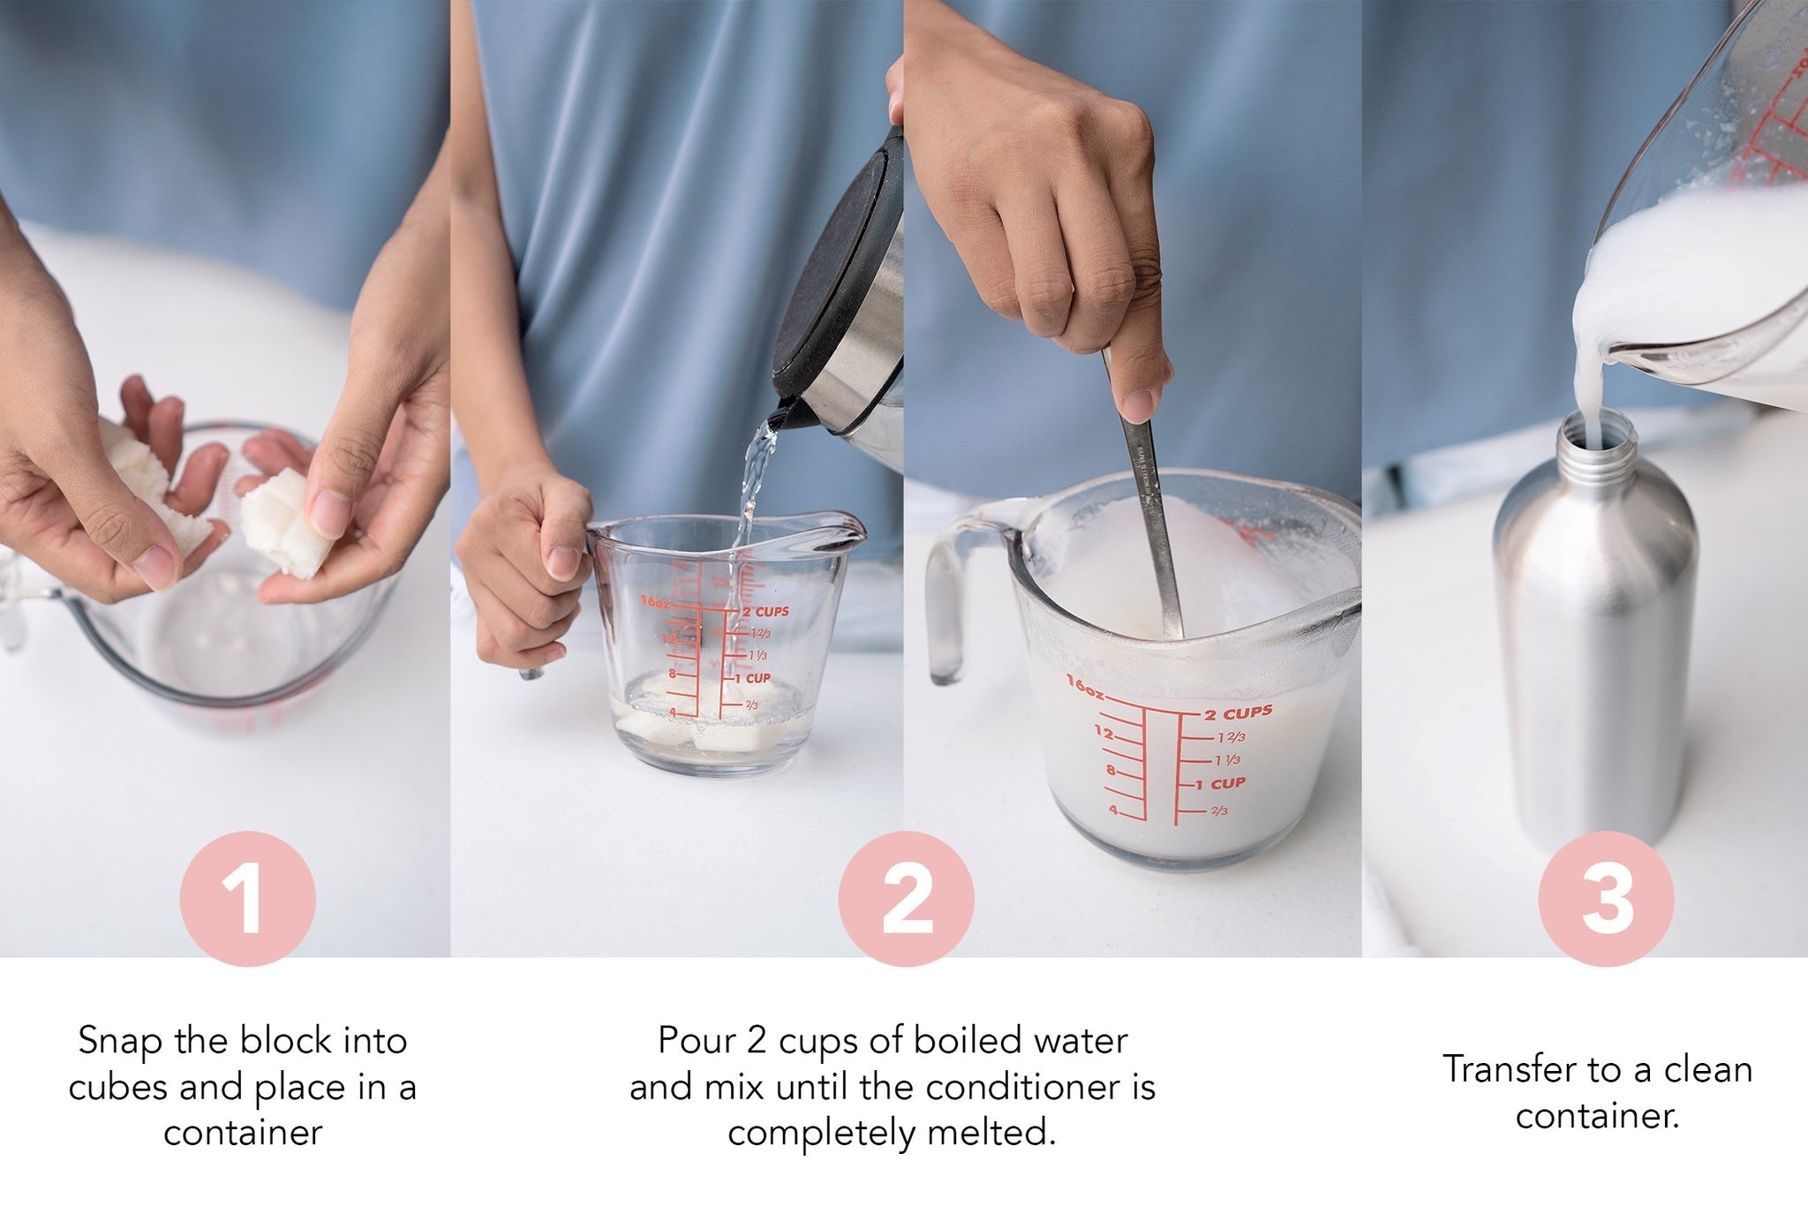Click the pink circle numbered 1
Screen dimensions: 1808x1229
click(x=247, y=899)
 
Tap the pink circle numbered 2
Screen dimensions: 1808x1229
click(x=906, y=899)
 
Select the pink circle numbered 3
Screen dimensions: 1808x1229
click(x=1606, y=899)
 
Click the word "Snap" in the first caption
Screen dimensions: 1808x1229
click(x=118, y=1042)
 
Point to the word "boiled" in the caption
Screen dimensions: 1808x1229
click(x=967, y=1040)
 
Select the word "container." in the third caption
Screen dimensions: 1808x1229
click(x=1597, y=1116)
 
